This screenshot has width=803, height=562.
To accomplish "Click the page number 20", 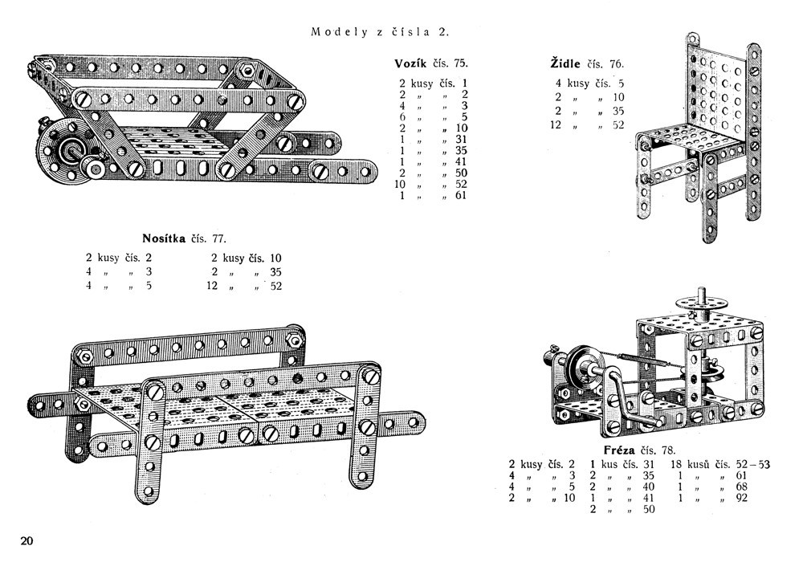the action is pos(26,541).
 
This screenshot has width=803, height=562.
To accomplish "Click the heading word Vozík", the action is pos(410,63).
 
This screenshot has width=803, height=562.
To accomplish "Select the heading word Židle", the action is pos(565,63).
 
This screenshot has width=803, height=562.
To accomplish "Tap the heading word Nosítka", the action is pos(164,238).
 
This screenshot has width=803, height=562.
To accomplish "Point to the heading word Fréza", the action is pos(619,450).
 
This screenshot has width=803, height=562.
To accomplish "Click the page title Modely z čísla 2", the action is pos(380,32).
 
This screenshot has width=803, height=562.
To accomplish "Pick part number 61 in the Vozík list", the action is pos(461,196).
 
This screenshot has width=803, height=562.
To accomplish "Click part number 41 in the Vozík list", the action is pos(461,161).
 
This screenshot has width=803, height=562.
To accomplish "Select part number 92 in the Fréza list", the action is pos(741,498).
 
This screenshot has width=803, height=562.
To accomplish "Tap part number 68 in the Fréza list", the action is pos(741,487).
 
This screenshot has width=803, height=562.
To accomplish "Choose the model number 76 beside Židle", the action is pos(616,64).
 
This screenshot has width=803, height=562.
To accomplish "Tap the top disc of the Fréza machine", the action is pos(700,303).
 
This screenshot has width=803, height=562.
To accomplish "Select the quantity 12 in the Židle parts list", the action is pos(556,125).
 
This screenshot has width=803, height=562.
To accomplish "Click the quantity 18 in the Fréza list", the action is pos(676,464).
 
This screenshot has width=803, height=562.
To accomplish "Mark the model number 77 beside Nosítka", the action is pos(218,239).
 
